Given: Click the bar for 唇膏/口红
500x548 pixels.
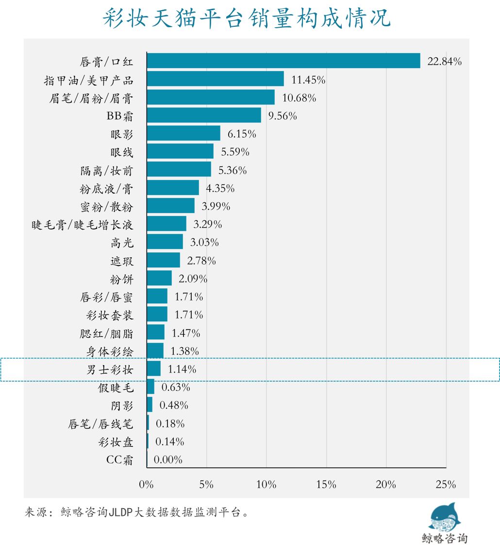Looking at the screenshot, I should pyautogui.click(x=283, y=61).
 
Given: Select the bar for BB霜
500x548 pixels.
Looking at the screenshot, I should pyautogui.click(x=204, y=115).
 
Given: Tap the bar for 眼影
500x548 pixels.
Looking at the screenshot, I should pyautogui.click(x=183, y=133).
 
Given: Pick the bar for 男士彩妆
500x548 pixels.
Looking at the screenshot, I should pyautogui.click(x=153, y=369).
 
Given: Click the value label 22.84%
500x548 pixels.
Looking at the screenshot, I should pyautogui.click(x=444, y=61).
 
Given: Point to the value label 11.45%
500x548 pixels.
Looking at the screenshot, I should pyautogui.click(x=308, y=79).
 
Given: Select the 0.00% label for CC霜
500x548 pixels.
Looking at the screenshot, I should pyautogui.click(x=168, y=460).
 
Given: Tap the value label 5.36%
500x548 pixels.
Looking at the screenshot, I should pyautogui.click(x=233, y=170).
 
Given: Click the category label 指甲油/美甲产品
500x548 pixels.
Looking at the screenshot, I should pyautogui.click(x=88, y=80).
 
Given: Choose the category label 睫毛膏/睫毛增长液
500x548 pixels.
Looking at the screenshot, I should pyautogui.click(x=82, y=225).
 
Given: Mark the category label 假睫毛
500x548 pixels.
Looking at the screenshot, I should pyautogui.click(x=115, y=388).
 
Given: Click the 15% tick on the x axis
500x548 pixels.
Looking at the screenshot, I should pyautogui.click(x=326, y=484).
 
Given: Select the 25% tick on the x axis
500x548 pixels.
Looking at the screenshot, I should pyautogui.click(x=446, y=484).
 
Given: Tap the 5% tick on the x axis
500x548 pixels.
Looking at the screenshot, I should pyautogui.click(x=206, y=484).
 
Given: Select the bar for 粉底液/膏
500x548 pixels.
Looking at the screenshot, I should pyautogui.click(x=173, y=188).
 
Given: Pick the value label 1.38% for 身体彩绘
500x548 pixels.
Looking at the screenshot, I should pyautogui.click(x=185, y=351).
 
